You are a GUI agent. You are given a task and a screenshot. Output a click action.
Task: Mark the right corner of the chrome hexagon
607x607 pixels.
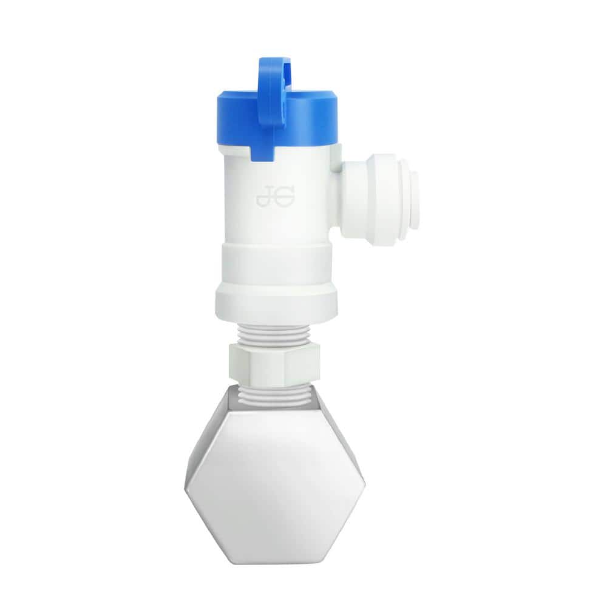pos(365,483)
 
